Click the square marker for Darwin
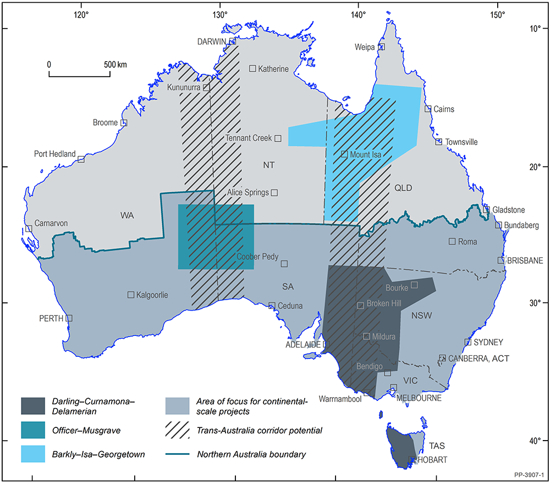(x=232, y=41)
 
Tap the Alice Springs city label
(x=248, y=193)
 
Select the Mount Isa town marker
(x=344, y=154)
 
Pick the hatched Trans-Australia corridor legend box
(x=182, y=430)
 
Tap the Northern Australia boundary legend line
(x=182, y=454)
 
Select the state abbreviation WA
(x=128, y=214)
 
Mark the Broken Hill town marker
(x=361, y=305)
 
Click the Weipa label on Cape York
(x=365, y=48)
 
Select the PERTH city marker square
(x=69, y=318)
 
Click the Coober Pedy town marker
(x=284, y=264)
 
